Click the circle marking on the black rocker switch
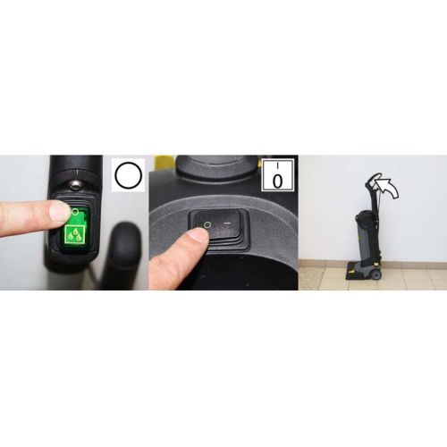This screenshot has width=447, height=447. pyautogui.click(x=207, y=224)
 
